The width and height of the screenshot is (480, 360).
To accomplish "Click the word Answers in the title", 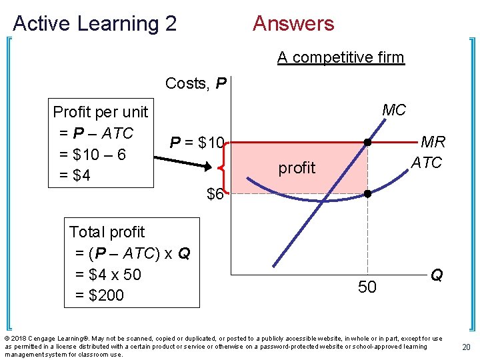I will click(293, 24).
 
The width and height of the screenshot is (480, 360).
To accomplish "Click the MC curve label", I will click(394, 110).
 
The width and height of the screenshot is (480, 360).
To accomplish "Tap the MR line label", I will click(433, 142).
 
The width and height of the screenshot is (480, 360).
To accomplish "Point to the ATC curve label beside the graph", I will click(427, 163).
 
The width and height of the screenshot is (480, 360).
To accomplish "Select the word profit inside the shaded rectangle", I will click(297, 168).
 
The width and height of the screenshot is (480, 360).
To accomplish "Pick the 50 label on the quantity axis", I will click(367, 287).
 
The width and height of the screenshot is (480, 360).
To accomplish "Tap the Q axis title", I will click(437, 275).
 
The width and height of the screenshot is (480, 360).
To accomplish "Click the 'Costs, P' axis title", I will click(196, 83).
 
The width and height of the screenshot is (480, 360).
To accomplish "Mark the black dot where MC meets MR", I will click(367, 143).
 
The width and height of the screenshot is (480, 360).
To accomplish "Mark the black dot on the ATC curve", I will click(367, 194).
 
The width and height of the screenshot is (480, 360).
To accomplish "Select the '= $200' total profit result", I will click(99, 295).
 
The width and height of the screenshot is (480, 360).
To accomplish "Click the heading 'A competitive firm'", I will click(341, 57).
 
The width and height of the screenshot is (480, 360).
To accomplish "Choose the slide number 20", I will click(467, 347).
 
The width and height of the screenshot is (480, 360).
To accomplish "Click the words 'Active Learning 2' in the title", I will click(95, 24).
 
